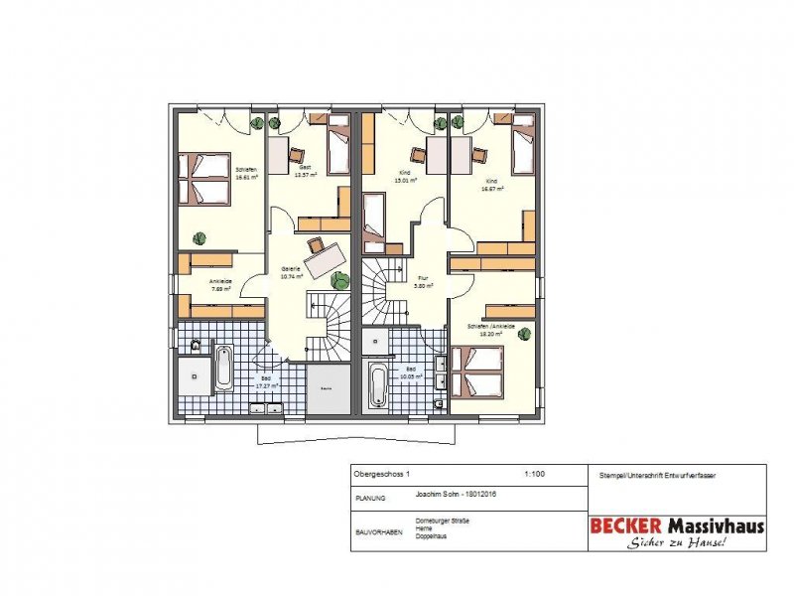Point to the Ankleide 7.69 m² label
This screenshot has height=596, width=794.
(x=219, y=286)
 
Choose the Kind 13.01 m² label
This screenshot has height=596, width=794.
(x=405, y=178)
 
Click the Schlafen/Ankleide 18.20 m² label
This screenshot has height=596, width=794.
(x=490, y=330)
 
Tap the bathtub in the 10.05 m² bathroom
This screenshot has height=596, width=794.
(x=378, y=384)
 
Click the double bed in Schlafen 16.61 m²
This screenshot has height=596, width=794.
(x=202, y=177)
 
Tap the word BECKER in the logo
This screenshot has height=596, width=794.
(x=628, y=525)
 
